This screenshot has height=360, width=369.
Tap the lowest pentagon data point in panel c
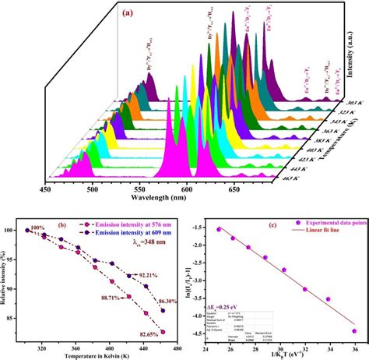pyautogui.click(x=354, y=330)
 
